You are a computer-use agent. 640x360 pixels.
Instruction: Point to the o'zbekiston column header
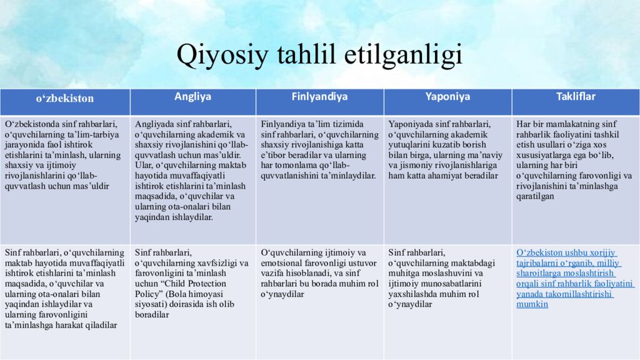(x=64, y=98)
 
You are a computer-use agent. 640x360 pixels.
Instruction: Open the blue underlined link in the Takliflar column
(x=566, y=278)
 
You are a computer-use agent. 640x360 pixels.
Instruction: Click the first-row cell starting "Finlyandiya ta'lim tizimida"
(x=319, y=150)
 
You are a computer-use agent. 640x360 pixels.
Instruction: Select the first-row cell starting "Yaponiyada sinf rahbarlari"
(x=447, y=150)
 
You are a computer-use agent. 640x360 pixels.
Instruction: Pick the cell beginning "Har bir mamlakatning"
(x=575, y=160)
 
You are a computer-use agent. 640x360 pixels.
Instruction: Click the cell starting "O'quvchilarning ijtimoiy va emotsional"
(x=319, y=273)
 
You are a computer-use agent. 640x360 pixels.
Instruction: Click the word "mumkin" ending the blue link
(x=532, y=304)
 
